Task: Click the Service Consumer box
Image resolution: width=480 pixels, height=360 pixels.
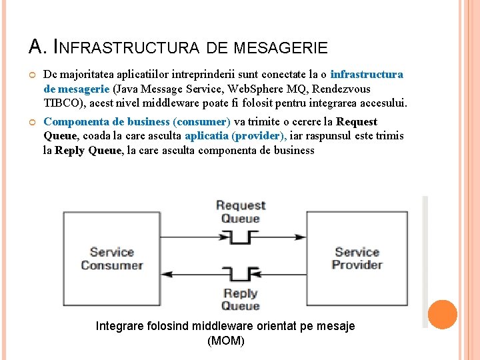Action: click(111, 259)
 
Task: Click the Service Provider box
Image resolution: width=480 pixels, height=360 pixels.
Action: click(357, 259)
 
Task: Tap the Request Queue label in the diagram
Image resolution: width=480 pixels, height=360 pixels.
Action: click(241, 212)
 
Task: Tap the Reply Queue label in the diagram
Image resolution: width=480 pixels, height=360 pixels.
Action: click(241, 299)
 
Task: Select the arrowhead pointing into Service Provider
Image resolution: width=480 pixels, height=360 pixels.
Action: click(301, 235)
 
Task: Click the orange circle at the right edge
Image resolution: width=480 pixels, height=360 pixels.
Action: click(442, 315)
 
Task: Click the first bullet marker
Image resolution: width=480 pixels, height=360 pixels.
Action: click(32, 75)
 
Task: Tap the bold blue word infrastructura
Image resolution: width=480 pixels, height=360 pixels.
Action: click(366, 75)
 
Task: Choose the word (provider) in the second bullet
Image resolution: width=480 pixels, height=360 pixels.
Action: click(259, 136)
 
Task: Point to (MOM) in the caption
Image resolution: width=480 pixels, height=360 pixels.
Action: click(226, 341)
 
